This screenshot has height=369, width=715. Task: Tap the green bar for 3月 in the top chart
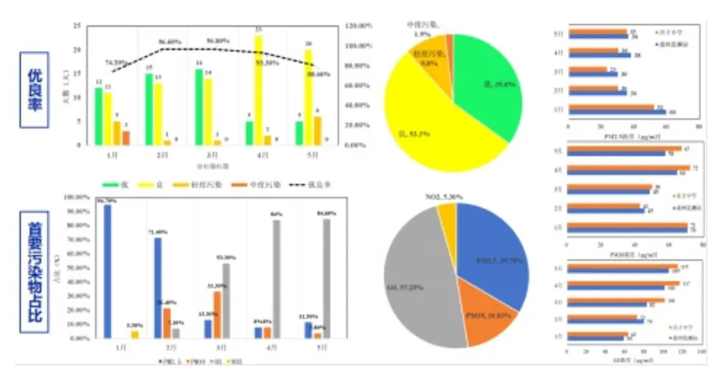click(199, 107)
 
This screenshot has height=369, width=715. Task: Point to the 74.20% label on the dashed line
click(116, 63)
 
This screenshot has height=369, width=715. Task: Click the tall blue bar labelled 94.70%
click(107, 272)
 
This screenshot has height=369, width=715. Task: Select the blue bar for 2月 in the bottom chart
click(158, 288)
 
